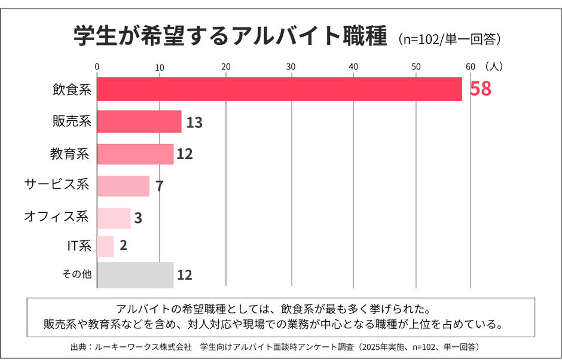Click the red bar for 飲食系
coord(279,89)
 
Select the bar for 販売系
coord(139,121)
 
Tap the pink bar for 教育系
coord(135,154)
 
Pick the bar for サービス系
coord(123,186)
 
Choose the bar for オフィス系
coord(114,218)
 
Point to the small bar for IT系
coord(105,246)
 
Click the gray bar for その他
coord(135,274)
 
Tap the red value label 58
coord(480,89)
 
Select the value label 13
coord(194,123)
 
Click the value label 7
coord(160,186)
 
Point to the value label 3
coord(138,218)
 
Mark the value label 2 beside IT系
coord(123,246)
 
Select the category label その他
coord(77,274)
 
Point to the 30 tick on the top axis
coord(291,66)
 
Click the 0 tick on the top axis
coord(97,66)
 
